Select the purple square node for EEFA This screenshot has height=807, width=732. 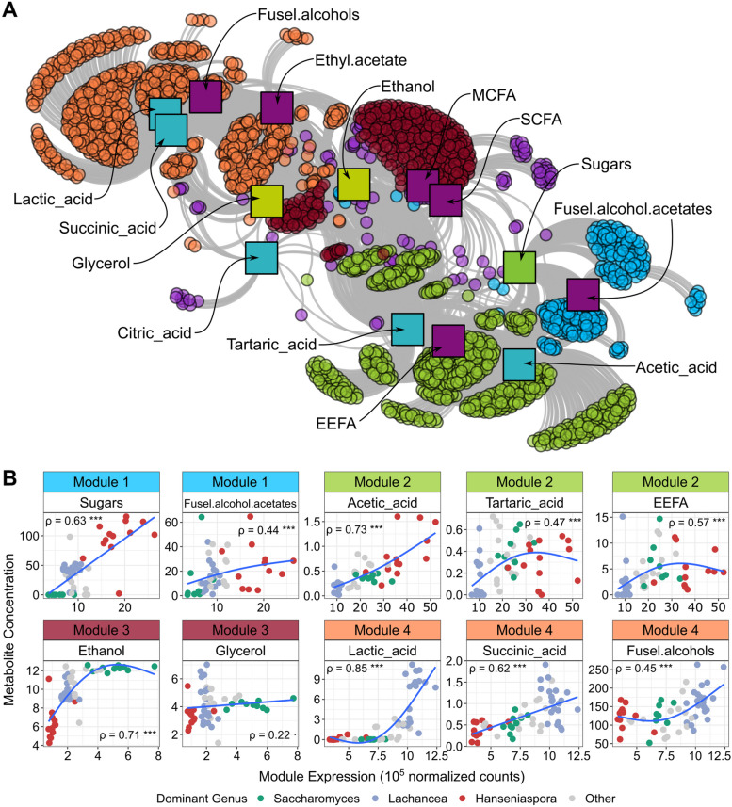[x=447, y=340]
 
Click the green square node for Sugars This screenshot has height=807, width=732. [x=519, y=267]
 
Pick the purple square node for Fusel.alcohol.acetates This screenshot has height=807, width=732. [x=582, y=295]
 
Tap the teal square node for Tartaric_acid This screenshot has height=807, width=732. [x=407, y=329]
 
